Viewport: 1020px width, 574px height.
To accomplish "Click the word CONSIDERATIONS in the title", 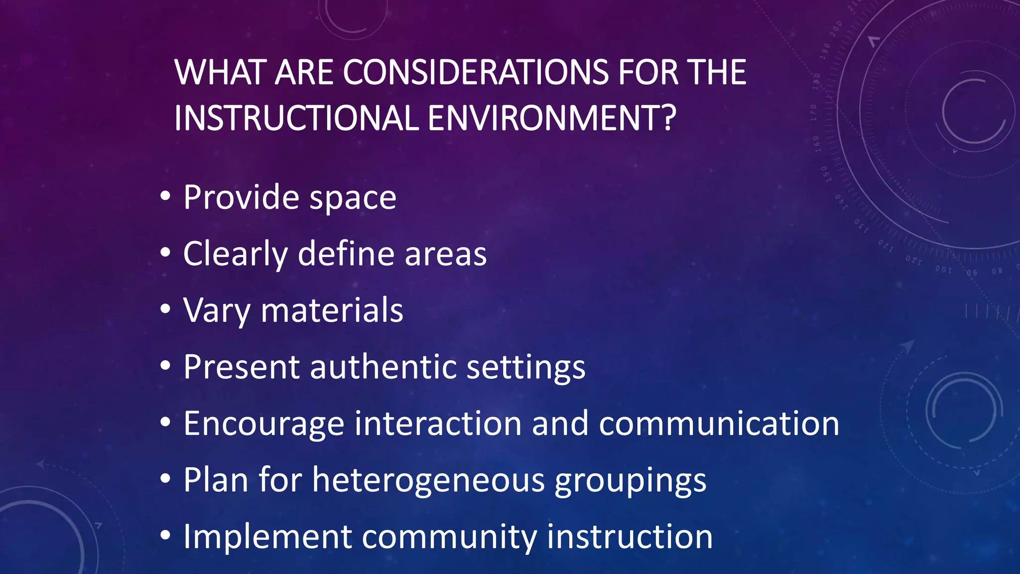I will click(475, 72).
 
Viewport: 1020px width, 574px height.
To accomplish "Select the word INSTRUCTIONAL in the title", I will click(296, 118).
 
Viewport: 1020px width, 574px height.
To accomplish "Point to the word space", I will click(353, 198).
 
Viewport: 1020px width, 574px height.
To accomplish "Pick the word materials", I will click(332, 310).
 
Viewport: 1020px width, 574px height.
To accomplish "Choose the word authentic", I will click(383, 367).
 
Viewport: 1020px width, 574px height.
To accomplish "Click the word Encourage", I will click(264, 424).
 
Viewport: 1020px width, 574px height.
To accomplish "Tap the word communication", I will click(719, 424).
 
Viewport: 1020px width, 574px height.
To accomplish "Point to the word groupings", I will click(631, 481).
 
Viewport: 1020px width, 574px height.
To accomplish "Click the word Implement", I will click(268, 537).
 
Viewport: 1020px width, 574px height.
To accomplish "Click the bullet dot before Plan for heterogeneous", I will click(165, 479).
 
